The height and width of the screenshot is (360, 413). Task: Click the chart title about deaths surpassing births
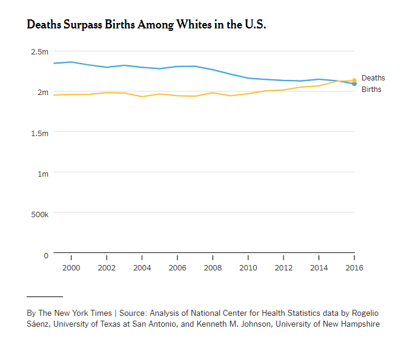(x=146, y=25)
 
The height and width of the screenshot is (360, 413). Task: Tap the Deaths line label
(x=373, y=78)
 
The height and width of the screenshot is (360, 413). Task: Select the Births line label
(x=371, y=90)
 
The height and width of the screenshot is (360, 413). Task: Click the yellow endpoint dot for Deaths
(x=354, y=80)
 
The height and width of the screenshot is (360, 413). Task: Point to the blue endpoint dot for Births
(x=354, y=83)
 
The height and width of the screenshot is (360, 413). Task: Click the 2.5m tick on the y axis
(x=39, y=51)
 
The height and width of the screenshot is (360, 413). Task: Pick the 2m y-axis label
(x=42, y=92)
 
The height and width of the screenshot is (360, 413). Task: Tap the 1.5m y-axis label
(x=39, y=133)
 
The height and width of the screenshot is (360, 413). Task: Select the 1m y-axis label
(x=42, y=174)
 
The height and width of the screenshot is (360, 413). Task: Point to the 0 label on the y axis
(x=45, y=255)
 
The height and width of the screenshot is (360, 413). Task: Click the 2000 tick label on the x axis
(x=71, y=267)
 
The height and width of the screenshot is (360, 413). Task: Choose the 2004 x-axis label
(x=142, y=267)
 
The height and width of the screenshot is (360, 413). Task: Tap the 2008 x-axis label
(x=213, y=267)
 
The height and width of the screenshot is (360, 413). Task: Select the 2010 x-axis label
(x=248, y=267)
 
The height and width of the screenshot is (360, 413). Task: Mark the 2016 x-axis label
(x=354, y=267)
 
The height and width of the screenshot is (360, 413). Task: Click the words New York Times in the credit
(x=82, y=313)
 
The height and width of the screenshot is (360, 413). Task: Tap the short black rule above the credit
(x=45, y=296)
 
